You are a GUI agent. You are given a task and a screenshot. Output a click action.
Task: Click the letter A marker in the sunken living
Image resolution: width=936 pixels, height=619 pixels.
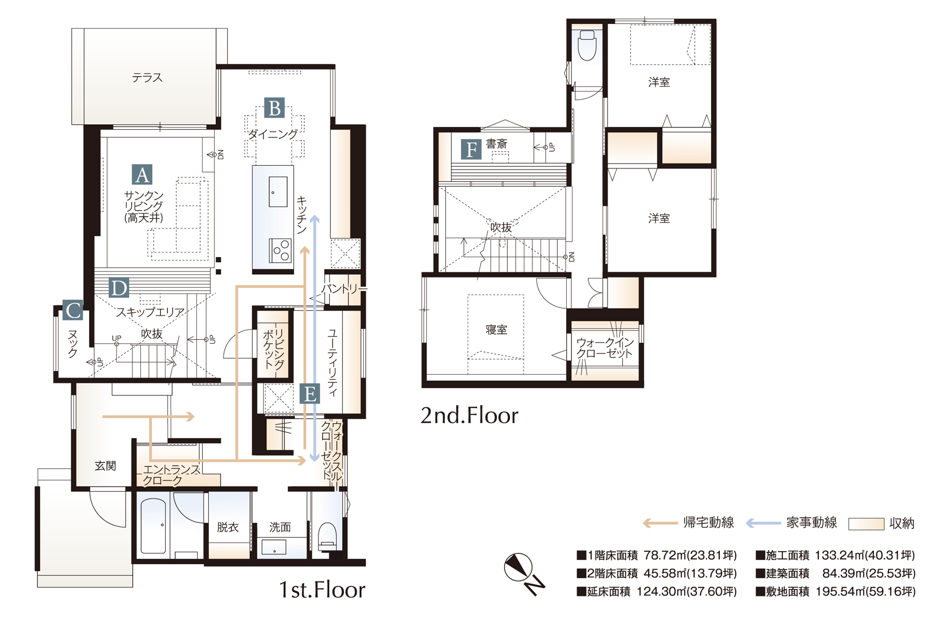point(142,175)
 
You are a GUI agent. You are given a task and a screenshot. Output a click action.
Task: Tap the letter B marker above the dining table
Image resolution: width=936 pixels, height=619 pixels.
point(274,108)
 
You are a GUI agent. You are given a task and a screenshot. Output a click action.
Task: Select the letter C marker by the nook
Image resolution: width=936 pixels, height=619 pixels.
point(73,310)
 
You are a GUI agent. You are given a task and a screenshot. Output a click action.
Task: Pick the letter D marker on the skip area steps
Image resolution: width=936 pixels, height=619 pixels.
point(119,287)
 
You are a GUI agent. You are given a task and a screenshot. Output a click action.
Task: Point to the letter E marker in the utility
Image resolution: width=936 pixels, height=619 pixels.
point(310,393)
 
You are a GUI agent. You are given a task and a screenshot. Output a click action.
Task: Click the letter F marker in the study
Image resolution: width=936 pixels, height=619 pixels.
point(471,149)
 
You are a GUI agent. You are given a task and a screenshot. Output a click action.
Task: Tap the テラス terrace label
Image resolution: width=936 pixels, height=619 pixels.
point(147,78)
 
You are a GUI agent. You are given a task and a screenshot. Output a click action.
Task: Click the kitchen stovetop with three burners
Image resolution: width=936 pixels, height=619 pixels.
point(280,250)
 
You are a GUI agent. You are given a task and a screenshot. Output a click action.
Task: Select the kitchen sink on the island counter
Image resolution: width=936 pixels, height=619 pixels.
point(278,192)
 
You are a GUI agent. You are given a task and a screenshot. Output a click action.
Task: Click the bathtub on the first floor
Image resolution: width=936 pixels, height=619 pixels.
point(153,526)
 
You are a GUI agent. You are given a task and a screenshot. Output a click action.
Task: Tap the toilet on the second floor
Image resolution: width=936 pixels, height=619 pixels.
point(587,45)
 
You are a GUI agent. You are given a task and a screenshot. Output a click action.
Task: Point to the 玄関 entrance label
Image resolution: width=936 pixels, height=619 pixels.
point(105,466)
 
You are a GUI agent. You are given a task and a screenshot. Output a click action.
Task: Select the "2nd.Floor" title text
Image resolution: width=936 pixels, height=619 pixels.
point(469,415)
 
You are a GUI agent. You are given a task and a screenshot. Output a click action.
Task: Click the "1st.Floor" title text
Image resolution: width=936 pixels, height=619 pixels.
point(322,590)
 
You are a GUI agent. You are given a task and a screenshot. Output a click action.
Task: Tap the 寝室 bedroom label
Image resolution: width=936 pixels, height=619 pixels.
point(497,330)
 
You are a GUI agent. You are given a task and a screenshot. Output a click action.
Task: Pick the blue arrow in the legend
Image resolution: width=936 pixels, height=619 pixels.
point(763,523)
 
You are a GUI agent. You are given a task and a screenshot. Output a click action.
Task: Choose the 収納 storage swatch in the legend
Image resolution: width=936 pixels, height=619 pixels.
point(866,524)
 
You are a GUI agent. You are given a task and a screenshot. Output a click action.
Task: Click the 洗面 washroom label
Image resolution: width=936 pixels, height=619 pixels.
point(280,527)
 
